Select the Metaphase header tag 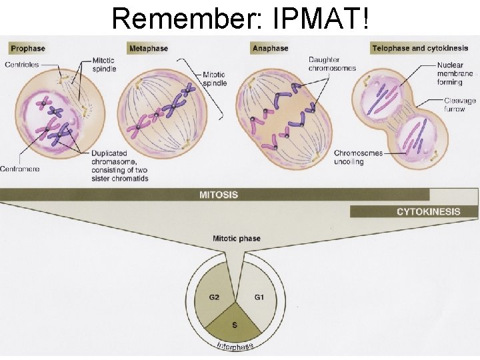click(148, 49)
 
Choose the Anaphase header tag click(270, 49)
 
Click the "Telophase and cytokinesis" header click(420, 49)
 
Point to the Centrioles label click(23, 64)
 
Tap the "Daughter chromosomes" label click(332, 64)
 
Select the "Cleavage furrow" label click(460, 105)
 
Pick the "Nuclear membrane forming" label click(455, 73)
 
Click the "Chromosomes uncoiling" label click(358, 157)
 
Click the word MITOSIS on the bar click(218, 195)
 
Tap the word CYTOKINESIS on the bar click(428, 212)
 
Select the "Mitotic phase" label click(236, 238)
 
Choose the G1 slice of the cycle click(258, 297)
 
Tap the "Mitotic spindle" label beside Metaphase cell click(214, 79)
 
